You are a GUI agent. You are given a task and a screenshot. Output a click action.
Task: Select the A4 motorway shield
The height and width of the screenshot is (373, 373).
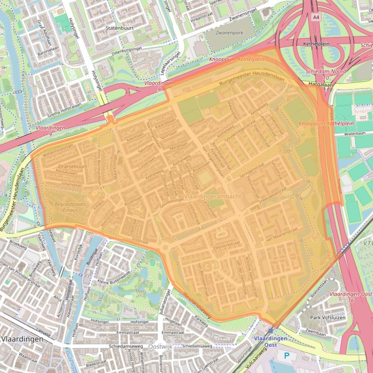[x=316, y=17]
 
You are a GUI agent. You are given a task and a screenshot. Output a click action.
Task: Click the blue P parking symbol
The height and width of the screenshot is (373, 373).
[x=287, y=356]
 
